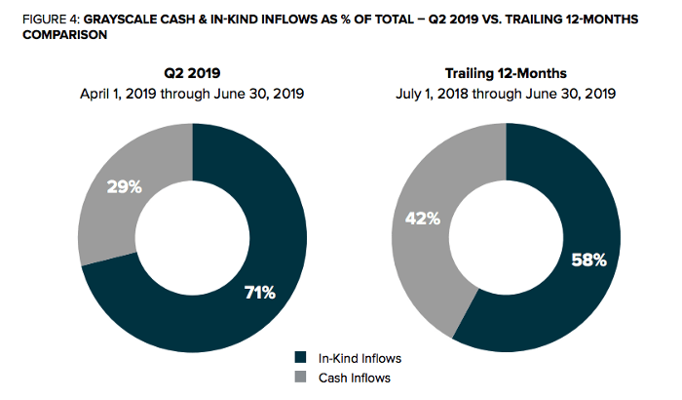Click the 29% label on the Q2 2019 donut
pos(125,187)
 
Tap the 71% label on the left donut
pos(260,293)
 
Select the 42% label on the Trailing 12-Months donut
pos(423,218)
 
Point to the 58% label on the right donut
pos(588,260)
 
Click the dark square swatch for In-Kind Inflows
pos(300,358)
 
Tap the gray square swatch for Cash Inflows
pos(300,377)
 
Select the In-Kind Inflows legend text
pos(360,358)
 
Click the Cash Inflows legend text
pos(355,378)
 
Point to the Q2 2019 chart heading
pos(192,73)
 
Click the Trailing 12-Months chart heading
pos(506,73)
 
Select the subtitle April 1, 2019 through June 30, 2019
pos(192,94)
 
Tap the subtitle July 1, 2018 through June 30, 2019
pos(506,94)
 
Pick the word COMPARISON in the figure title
pos(65,35)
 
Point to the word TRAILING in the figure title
pos(533,20)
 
